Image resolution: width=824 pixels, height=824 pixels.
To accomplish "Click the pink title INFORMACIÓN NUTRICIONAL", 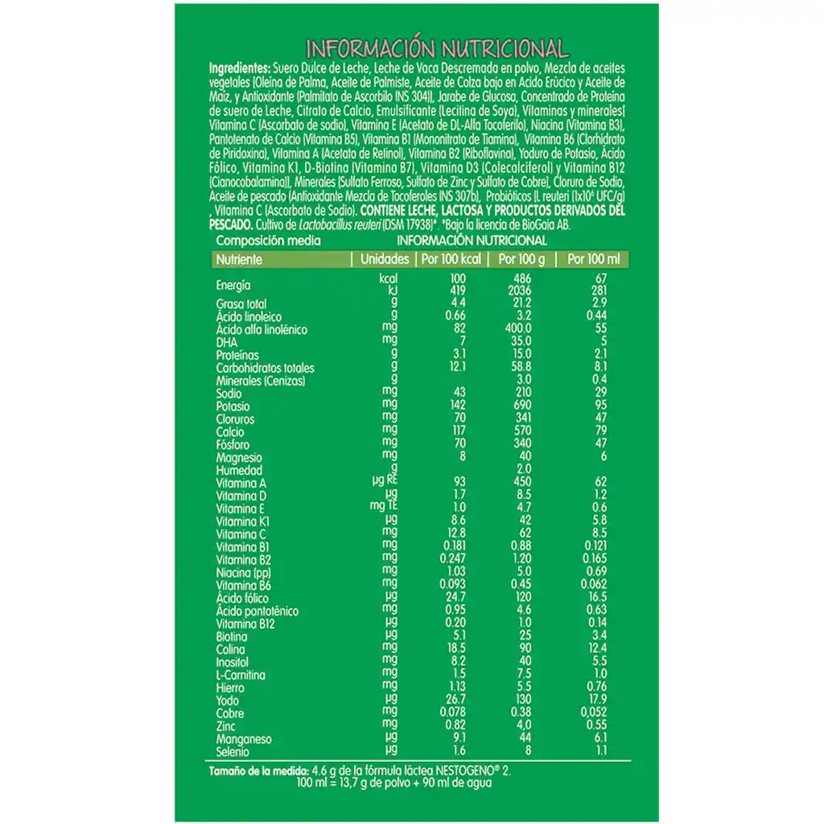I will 438,48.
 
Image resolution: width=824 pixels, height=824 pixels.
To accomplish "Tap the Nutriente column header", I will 238,260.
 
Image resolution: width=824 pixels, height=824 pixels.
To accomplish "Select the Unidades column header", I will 385,260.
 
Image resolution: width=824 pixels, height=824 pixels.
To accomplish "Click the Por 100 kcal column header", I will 450,260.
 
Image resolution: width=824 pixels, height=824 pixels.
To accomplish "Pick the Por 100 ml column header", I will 594,260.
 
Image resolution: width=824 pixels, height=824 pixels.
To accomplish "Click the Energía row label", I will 233,285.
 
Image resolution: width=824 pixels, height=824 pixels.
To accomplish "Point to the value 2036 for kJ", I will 521,290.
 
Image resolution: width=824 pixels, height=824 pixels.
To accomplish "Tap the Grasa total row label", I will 241,304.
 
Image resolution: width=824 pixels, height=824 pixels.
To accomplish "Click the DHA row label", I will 227,342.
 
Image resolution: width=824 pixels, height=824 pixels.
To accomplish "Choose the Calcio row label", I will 230,432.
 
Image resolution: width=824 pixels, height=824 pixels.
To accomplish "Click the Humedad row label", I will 239,471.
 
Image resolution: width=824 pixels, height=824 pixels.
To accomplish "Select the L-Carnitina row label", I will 241,675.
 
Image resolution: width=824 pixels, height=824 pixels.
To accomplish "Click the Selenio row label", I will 233,752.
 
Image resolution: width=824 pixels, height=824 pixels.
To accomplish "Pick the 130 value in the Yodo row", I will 521,700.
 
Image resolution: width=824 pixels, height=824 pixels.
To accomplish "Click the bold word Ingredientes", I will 239,68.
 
